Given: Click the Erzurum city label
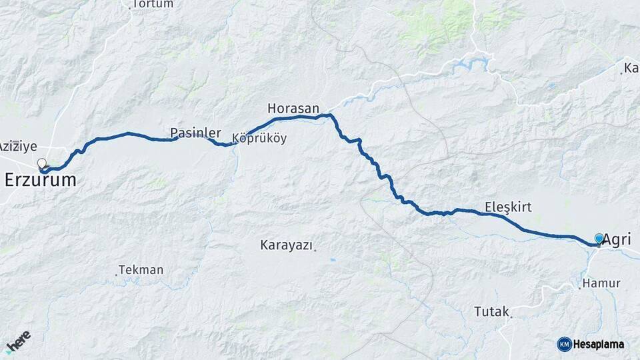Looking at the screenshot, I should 40,180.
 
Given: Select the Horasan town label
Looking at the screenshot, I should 293,108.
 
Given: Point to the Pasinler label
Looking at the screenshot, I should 195,133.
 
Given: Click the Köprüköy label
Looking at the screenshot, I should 259,139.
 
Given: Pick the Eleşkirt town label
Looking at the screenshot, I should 508,207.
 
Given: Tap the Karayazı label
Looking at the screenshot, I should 286,245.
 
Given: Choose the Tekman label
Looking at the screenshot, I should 142,270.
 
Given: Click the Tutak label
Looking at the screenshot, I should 491,311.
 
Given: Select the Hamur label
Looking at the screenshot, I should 601,283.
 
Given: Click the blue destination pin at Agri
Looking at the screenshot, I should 599,239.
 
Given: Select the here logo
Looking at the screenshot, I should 19,343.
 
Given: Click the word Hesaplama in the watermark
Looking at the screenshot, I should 599,344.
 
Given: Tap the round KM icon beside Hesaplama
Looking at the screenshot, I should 565,344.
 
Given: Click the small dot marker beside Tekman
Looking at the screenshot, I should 117,273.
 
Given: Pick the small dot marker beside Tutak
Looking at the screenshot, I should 511,314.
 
